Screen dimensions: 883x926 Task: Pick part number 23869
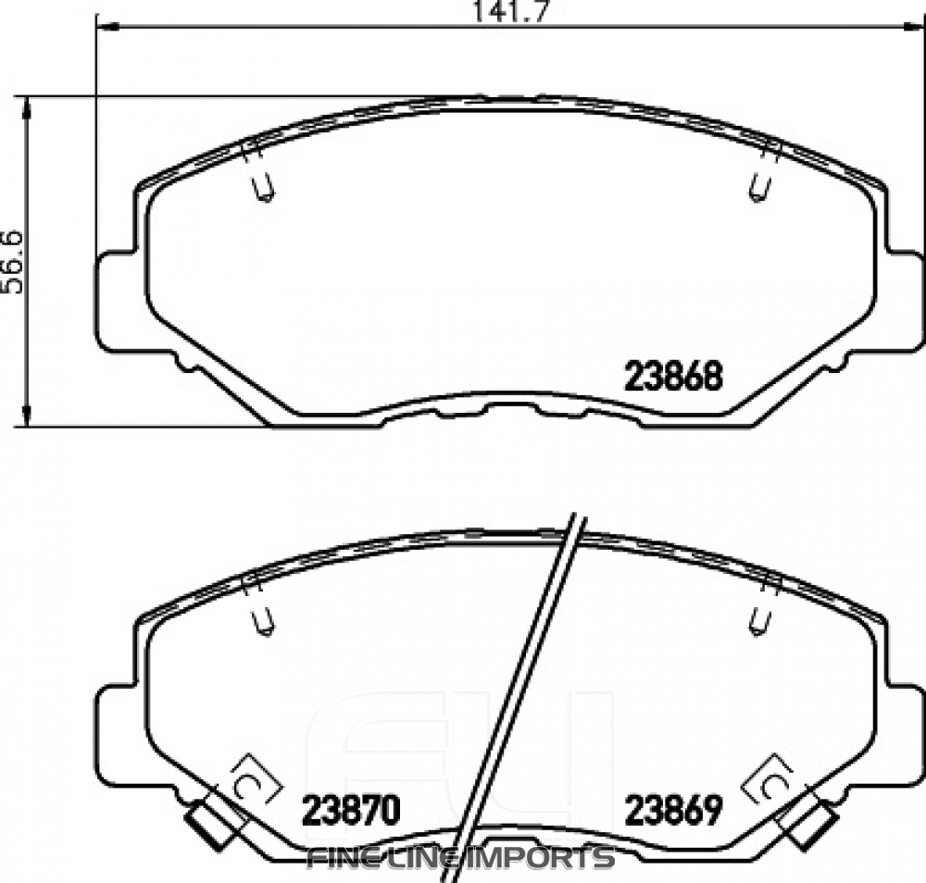pos(673,811)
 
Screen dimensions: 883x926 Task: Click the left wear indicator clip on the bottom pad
pos(210,823)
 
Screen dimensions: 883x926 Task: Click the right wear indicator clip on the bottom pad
pos(811,823)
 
